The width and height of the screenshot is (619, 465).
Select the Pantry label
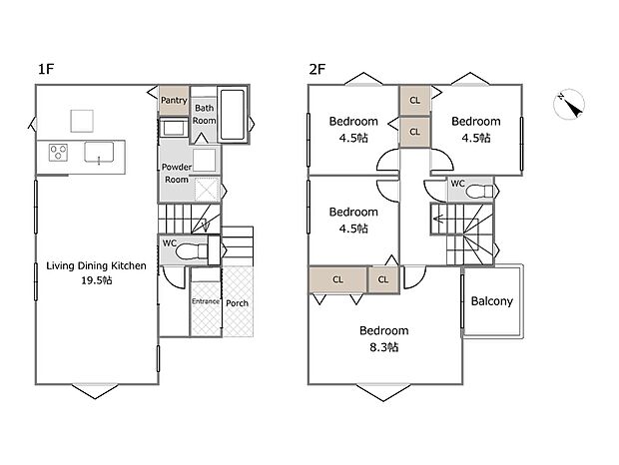(x=174, y=100)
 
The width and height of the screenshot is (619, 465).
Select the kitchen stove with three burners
(x=58, y=153)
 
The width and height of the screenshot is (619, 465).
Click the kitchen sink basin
(x=99, y=153)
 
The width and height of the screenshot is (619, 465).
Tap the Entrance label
(x=205, y=302)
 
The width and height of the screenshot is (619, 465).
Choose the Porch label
(x=238, y=303)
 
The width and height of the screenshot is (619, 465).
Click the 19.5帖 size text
(x=97, y=281)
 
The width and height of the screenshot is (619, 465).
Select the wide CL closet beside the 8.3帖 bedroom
(x=337, y=280)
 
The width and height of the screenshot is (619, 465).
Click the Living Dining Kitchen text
(x=97, y=265)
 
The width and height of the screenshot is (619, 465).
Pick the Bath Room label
(x=205, y=114)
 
